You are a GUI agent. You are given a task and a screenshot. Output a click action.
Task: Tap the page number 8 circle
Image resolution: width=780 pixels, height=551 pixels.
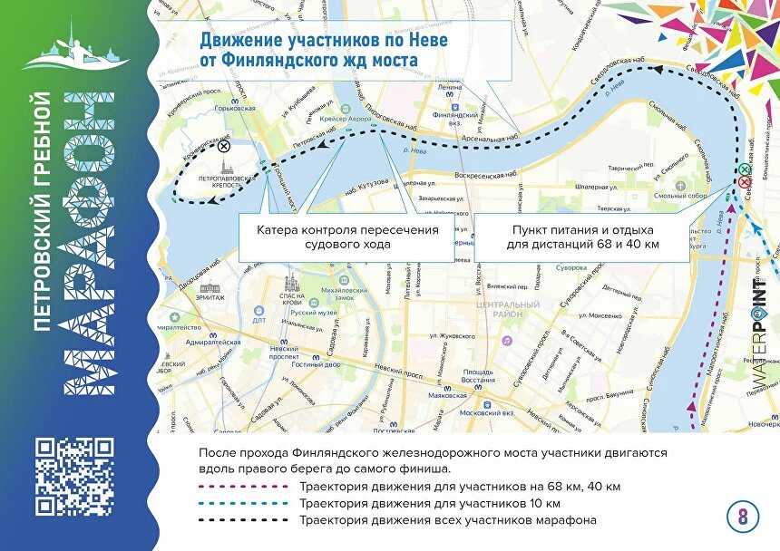click(x=743, y=517)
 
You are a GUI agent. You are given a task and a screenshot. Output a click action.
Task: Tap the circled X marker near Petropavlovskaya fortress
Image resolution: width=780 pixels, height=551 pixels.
click(x=224, y=145)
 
